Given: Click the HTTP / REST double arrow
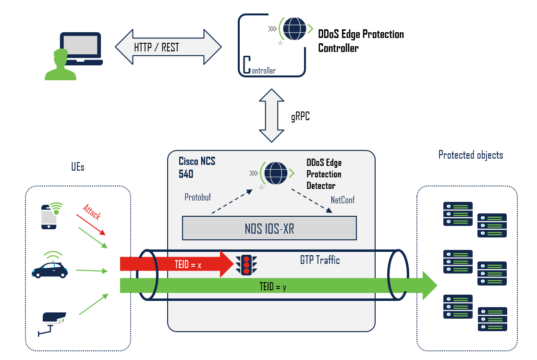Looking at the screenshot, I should tap(168, 47).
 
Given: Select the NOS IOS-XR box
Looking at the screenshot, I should tap(269, 228).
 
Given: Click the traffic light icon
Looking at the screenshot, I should tap(246, 264).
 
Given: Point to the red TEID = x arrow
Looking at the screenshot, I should tap(178, 264).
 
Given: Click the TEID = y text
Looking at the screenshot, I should tap(272, 287).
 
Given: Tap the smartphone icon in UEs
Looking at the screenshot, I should tap(50, 216).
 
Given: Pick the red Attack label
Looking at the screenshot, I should tap(91, 212).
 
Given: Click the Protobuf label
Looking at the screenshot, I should tap(198, 198).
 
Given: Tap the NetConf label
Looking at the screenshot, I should tap(342, 200).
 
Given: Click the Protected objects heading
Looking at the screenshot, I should tap(470, 155).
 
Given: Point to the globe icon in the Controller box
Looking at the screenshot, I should tap(294, 28).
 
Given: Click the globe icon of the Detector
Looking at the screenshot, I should tap(275, 172).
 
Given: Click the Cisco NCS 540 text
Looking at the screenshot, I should tap(196, 167).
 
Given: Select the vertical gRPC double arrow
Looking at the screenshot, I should tap(271, 115).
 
